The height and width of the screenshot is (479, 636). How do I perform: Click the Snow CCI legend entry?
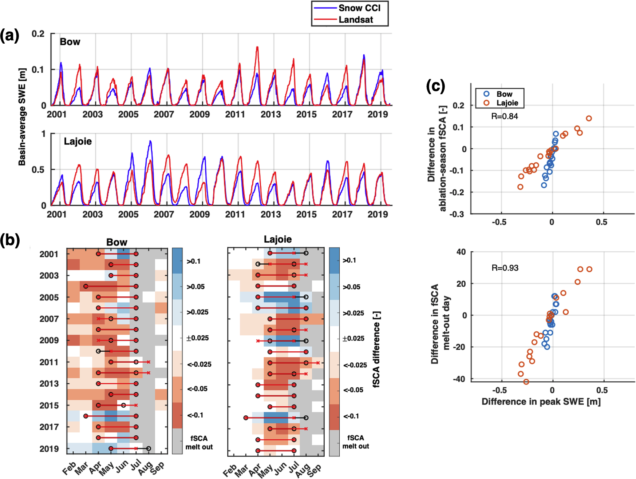point(359,8)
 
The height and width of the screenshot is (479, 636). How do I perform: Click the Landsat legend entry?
point(355,20)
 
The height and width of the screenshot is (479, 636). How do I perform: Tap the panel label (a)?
point(9,36)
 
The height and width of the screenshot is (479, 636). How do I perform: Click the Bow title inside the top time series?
point(70,42)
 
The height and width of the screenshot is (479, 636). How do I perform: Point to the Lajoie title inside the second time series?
point(78,141)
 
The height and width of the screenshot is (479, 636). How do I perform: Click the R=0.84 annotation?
point(504,116)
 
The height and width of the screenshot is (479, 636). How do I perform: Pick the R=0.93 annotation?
point(505,268)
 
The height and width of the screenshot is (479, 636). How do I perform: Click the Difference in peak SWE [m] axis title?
point(541,402)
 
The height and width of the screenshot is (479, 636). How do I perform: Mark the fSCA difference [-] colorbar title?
point(377,349)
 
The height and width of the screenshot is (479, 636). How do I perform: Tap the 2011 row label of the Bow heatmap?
point(49,362)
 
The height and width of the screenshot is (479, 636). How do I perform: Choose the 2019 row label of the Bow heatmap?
point(49,449)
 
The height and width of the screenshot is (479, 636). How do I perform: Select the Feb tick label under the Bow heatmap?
point(69,468)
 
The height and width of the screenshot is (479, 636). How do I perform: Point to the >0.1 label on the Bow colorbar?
point(193,261)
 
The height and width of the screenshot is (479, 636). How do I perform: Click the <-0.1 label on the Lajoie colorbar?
point(351,416)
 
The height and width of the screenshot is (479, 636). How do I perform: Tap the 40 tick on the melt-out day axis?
point(461,252)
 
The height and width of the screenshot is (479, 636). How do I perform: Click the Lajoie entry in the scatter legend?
point(507,103)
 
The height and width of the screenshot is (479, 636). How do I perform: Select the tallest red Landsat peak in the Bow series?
point(257,47)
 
